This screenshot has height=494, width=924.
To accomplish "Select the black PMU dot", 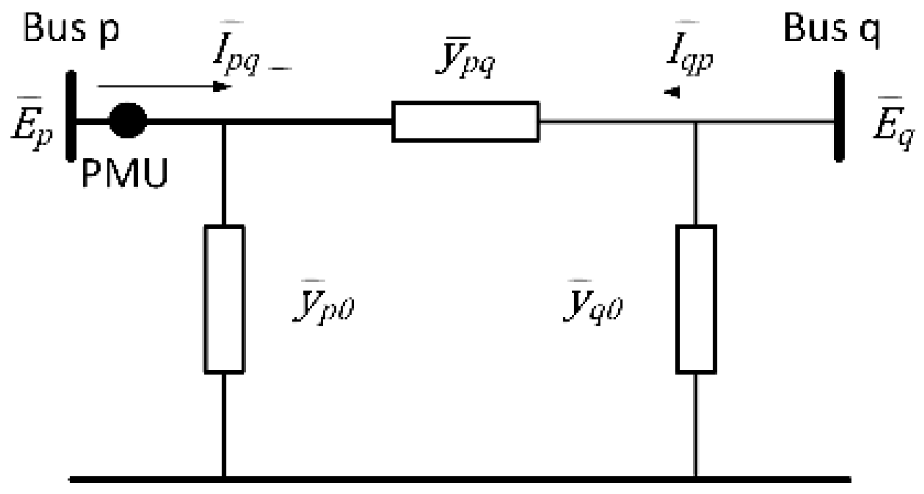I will [x=128, y=120].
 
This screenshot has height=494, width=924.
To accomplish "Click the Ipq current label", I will [x=236, y=54].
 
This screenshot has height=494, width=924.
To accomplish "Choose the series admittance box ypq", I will [x=465, y=121].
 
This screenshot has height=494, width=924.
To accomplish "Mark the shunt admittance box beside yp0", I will [x=224, y=299].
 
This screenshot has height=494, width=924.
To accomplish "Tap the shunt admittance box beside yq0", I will [x=696, y=299].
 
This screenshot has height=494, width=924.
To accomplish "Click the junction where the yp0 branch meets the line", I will [x=224, y=121].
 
